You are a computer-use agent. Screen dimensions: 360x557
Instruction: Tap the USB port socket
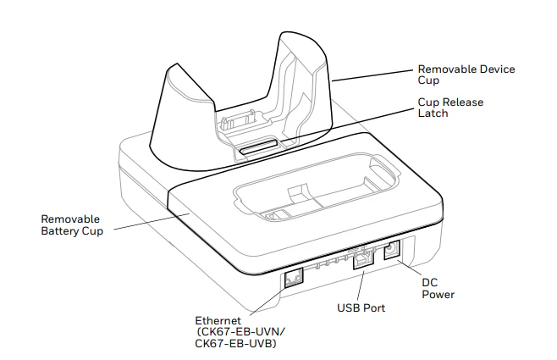(361, 263)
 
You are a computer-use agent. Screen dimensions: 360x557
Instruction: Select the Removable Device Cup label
(466, 74)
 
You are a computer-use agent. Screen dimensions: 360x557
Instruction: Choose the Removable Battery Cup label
(72, 224)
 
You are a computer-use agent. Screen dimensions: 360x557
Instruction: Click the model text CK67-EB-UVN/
(240, 332)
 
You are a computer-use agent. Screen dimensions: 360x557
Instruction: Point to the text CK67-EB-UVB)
(236, 344)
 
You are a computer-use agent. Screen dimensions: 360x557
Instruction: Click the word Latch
(433, 113)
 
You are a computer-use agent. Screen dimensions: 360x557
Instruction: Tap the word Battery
(62, 230)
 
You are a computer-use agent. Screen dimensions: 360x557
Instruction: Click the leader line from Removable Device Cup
(372, 75)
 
